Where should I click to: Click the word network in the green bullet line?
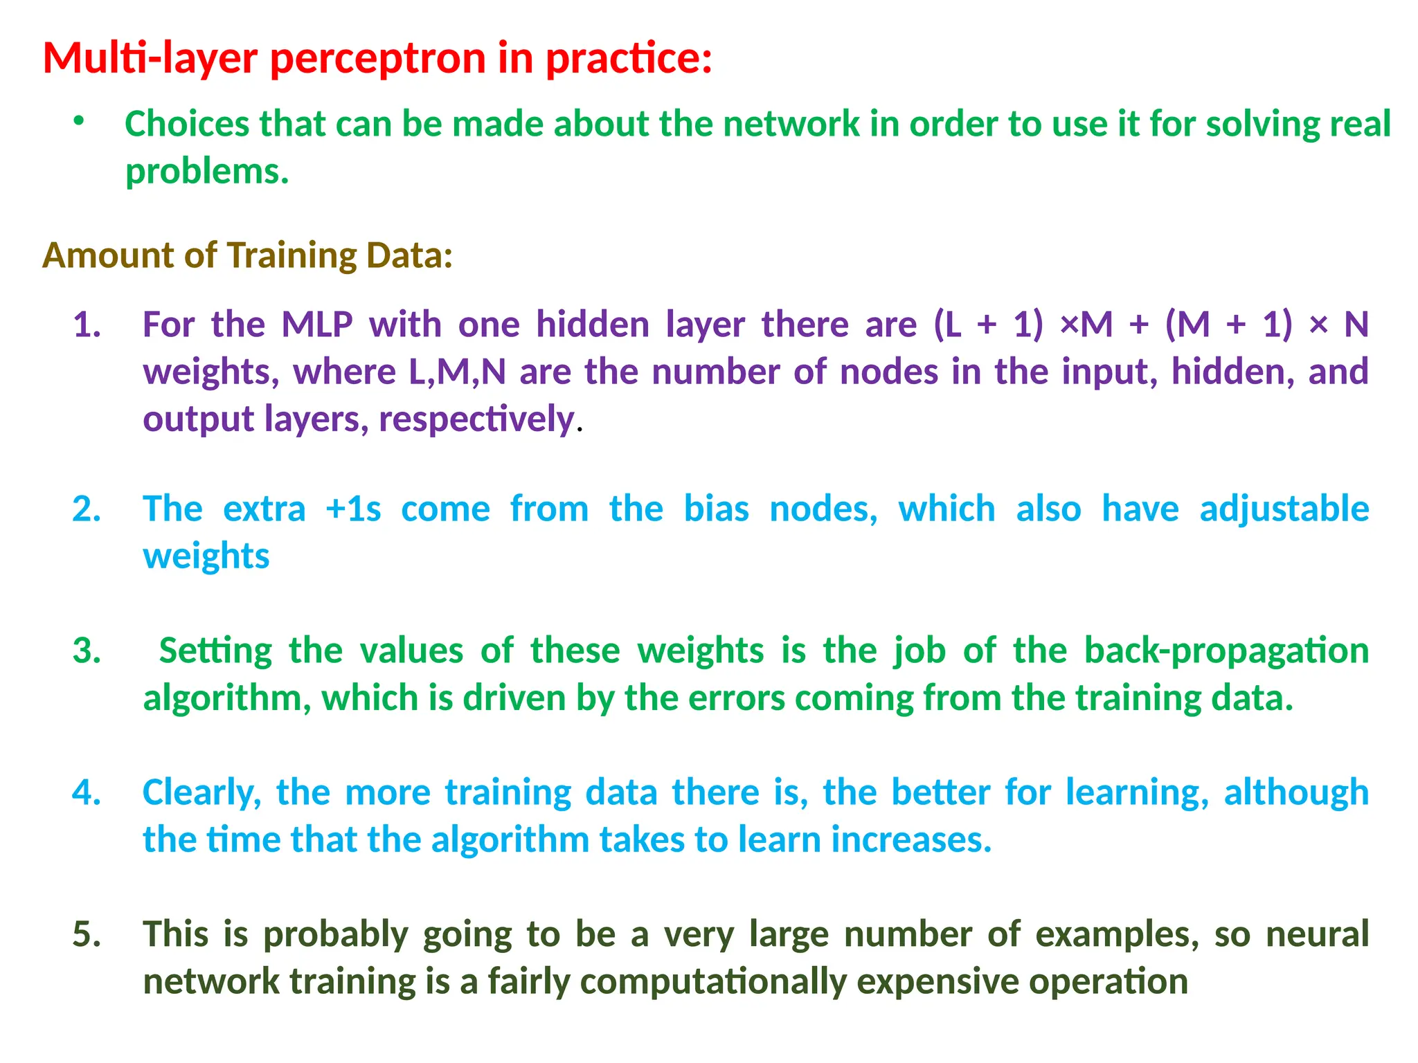(791, 125)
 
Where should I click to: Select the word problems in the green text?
(206, 172)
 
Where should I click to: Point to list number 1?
(87, 325)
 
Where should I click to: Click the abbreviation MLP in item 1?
(317, 325)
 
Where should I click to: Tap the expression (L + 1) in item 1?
(988, 325)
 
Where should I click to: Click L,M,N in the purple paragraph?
(457, 372)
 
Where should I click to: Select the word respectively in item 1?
(476, 419)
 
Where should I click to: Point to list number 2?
(87, 509)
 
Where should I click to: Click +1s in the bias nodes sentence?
(353, 509)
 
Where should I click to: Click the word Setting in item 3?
(215, 651)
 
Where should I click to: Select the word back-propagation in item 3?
(1226, 651)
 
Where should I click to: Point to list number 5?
(87, 934)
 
